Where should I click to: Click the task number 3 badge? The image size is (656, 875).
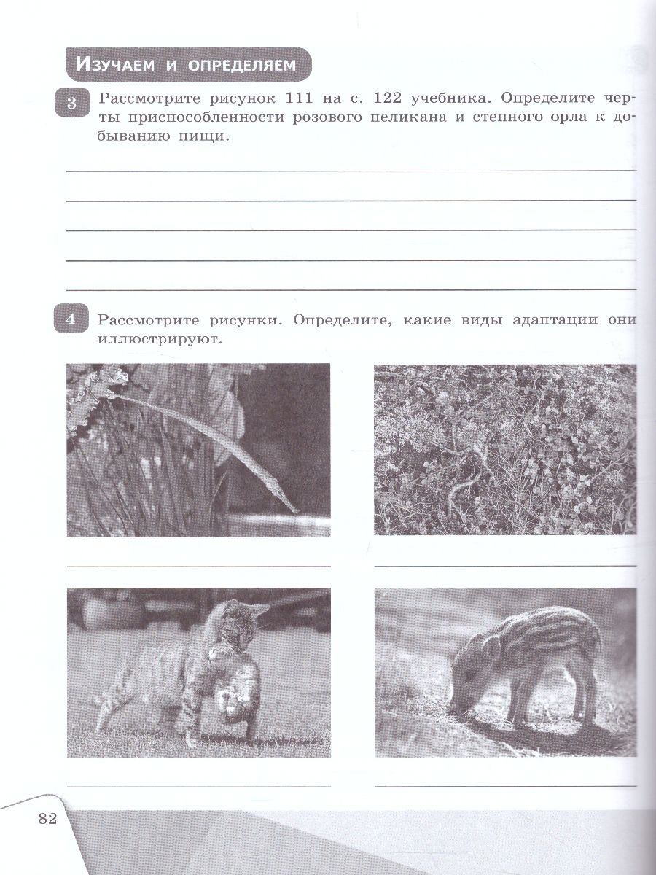[x=71, y=104]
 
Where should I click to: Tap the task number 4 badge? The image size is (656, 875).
[x=71, y=319]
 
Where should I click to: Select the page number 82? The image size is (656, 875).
[x=47, y=818]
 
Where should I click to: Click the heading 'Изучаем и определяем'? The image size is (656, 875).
[x=188, y=65]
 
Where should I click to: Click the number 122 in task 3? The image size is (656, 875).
[x=394, y=98]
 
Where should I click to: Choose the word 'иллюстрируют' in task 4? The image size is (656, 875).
[x=157, y=339]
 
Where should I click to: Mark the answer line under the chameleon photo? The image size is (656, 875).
[x=198, y=565]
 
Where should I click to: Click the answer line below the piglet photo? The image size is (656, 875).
[x=504, y=785]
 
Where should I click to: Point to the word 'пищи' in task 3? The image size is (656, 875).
[x=193, y=138]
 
